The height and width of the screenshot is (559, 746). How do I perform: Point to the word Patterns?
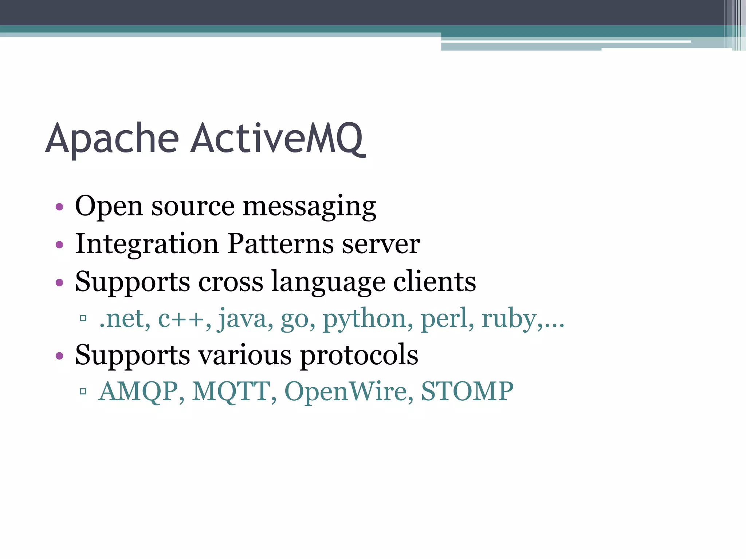pos(280,244)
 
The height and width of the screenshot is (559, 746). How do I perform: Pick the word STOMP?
pos(467,391)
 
